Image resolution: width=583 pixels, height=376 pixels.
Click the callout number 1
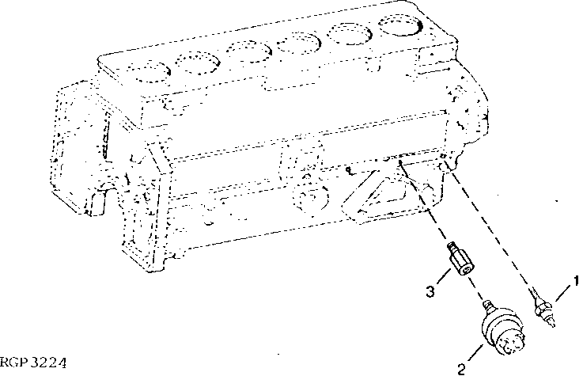point(577,280)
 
